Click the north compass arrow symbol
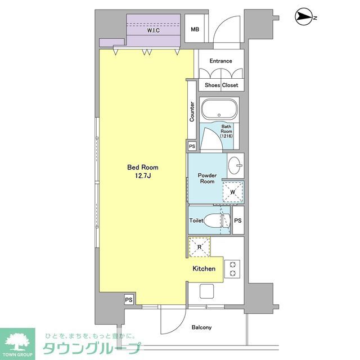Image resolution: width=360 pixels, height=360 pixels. (304, 19)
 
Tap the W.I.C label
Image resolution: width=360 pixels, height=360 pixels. (154, 31)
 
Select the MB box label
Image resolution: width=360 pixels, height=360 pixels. (195, 30)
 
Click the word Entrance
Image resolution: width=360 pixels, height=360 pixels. (220, 61)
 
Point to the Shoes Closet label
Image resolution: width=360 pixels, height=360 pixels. (221, 85)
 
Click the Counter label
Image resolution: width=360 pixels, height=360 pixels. (192, 111)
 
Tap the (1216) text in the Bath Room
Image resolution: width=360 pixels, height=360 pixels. (226, 137)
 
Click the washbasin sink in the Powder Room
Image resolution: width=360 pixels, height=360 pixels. (236, 166)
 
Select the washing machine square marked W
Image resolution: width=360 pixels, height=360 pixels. (233, 192)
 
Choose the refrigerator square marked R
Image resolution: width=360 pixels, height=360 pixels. (199, 246)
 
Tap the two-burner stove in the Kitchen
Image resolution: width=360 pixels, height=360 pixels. (232, 269)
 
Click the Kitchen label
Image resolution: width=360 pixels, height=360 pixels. (204, 269)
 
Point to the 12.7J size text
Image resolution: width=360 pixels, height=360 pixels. (143, 177)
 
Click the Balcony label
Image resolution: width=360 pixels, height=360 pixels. (201, 327)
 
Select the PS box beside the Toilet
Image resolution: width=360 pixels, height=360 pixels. (237, 221)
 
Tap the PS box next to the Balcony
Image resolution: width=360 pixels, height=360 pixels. (129, 300)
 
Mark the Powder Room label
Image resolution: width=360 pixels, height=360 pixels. (207, 178)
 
